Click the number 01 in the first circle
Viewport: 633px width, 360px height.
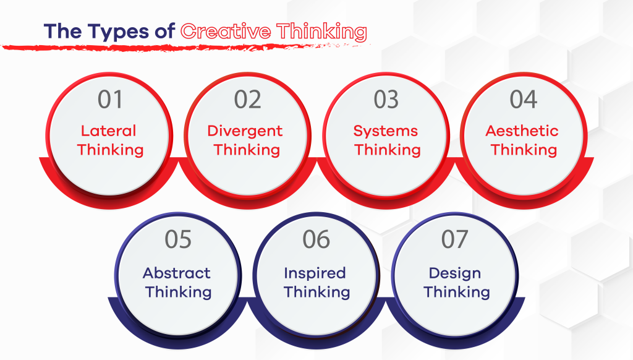click(x=111, y=100)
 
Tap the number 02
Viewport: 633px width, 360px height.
click(x=248, y=100)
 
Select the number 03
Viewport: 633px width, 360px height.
click(x=386, y=100)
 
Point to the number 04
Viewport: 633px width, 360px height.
click(x=524, y=100)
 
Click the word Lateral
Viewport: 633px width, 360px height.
click(x=109, y=131)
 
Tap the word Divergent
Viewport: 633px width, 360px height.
click(x=245, y=131)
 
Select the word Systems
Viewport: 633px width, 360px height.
click(x=386, y=131)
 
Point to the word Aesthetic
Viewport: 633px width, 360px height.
click(x=522, y=131)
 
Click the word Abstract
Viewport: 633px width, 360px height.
click(x=177, y=273)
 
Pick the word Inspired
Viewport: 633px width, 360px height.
click(x=315, y=273)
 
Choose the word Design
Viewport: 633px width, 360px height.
click(x=454, y=273)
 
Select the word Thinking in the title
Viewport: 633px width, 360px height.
click(x=321, y=32)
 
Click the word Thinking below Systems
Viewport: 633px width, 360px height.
click(x=388, y=150)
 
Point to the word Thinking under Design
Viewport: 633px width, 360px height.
click(x=457, y=291)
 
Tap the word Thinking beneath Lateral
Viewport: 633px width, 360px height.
click(x=111, y=150)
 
